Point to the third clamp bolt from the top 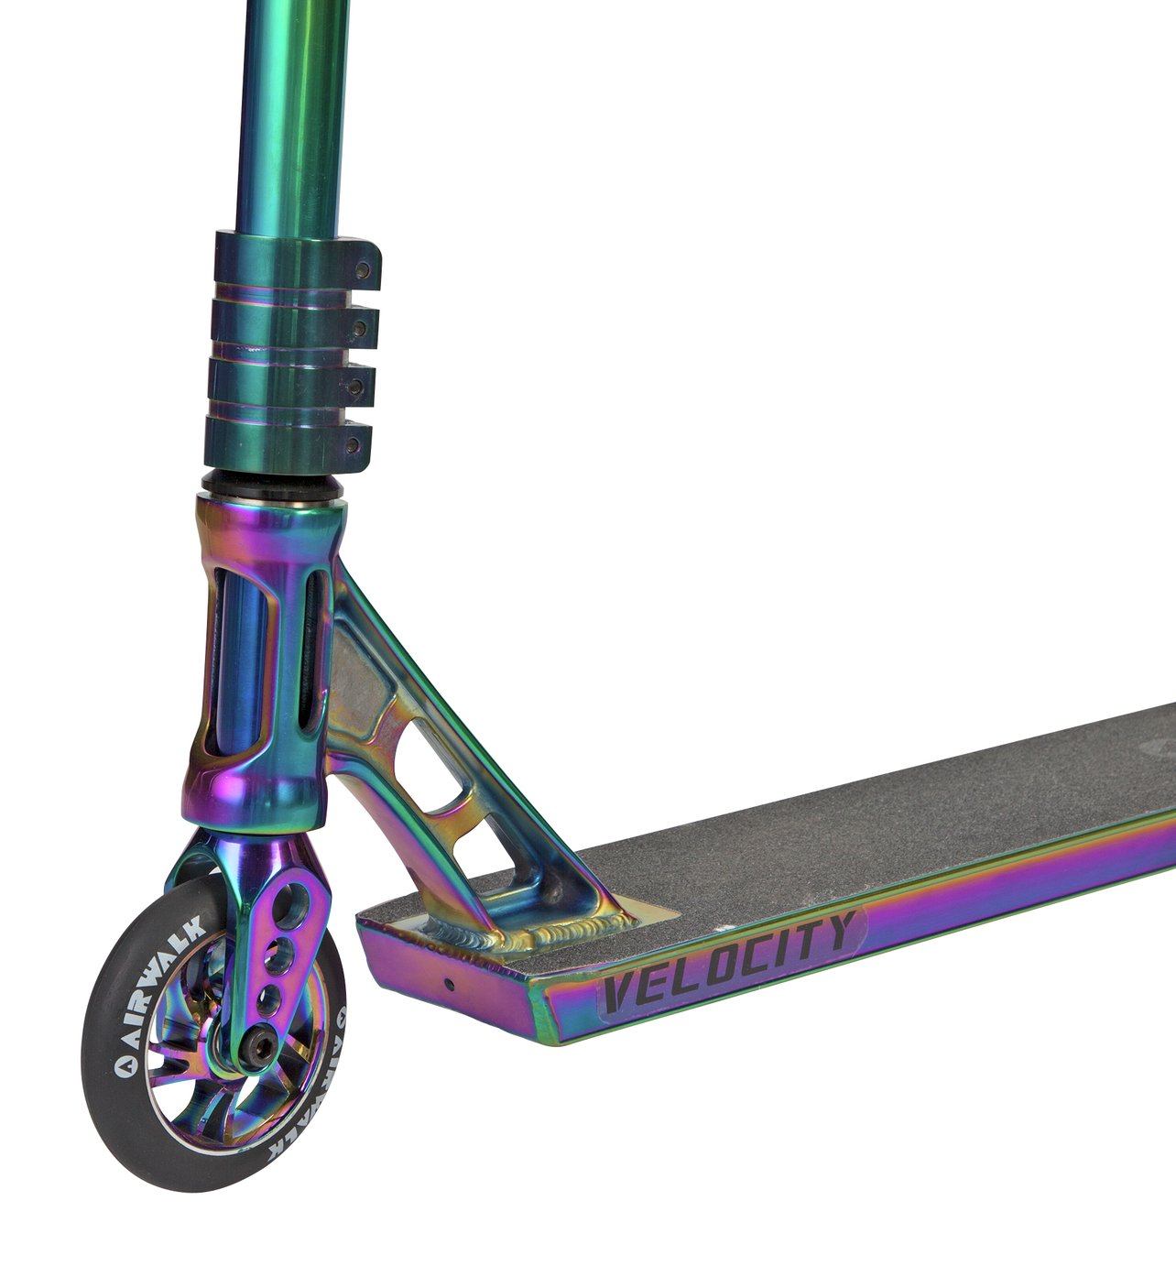point(357,387)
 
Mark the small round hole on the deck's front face point(449,985)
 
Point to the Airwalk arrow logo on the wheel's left point(121,1065)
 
